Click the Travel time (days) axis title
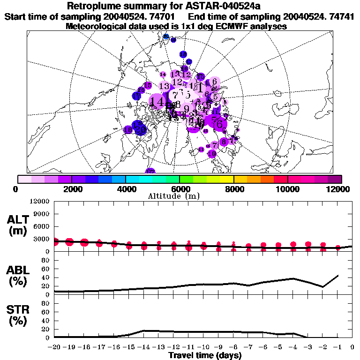click(205, 355)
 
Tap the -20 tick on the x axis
click(55, 347)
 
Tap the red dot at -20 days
click(55, 242)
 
